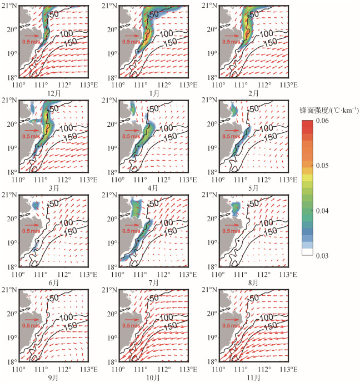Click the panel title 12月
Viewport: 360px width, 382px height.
tap(54, 93)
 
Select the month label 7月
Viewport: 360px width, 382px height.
tap(153, 282)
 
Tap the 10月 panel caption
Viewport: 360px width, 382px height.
tap(153, 378)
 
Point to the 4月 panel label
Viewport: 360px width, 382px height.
tap(153, 188)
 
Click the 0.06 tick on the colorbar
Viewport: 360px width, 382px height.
tap(322, 120)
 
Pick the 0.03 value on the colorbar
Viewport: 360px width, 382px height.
tap(322, 256)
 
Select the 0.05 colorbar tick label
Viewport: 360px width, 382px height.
tap(322, 165)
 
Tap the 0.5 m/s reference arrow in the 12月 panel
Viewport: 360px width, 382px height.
tap(32, 36)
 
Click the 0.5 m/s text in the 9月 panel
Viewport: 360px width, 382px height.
tap(31, 325)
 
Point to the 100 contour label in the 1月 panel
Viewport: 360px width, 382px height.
tap(166, 33)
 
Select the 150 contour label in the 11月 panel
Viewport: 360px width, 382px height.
tap(270, 326)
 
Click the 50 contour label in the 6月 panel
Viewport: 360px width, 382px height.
tap(54, 203)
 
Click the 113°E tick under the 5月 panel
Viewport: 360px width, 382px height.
tap(288, 180)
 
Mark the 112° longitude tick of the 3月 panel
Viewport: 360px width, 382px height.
tap(64, 180)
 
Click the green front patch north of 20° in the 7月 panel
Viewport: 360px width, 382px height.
tap(137, 209)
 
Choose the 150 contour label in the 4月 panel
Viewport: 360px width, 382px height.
tap(171, 137)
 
